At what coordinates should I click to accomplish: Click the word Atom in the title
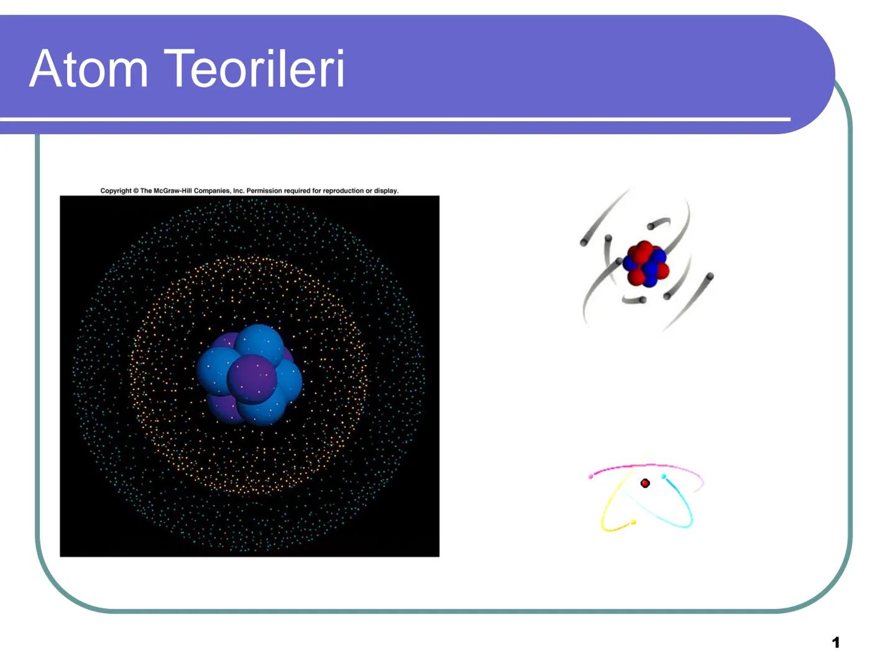tap(88, 68)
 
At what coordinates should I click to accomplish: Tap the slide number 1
tap(836, 642)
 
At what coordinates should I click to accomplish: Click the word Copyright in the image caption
tap(116, 191)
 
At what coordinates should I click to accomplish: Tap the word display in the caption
tap(386, 191)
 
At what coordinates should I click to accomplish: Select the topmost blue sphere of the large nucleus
tap(259, 344)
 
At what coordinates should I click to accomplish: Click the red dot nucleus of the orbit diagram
tap(645, 483)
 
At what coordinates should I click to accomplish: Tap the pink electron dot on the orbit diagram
tap(590, 477)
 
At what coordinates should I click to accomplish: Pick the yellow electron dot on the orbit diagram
tap(633, 523)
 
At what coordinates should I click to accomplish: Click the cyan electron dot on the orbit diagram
tap(664, 477)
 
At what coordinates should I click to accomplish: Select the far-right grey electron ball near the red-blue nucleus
tap(710, 276)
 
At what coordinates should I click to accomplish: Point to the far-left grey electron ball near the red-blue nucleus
tap(584, 243)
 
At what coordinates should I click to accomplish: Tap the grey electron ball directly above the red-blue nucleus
tap(650, 226)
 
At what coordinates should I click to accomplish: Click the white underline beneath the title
tap(395, 118)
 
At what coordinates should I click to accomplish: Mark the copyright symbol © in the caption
tap(136, 191)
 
